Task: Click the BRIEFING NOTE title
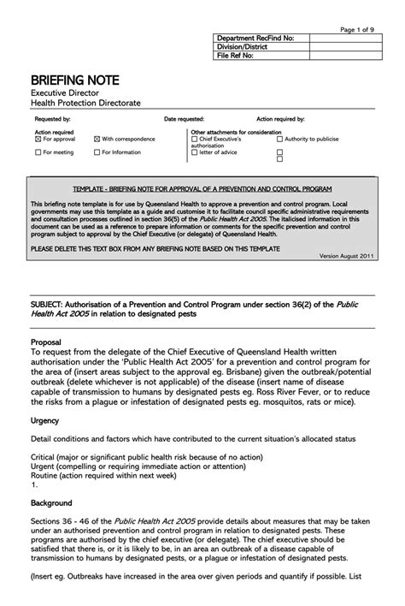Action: tap(75, 80)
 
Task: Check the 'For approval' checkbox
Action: tap(37, 139)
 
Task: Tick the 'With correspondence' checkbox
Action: tap(97, 139)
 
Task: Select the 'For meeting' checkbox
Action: tap(37, 152)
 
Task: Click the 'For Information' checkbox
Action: tap(97, 152)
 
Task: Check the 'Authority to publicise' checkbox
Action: tap(279, 139)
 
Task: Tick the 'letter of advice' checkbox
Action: tap(194, 152)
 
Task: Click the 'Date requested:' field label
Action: tap(184, 119)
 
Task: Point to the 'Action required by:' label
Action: tap(281, 119)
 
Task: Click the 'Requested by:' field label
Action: tap(52, 119)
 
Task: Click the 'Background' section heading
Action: tap(51, 503)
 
